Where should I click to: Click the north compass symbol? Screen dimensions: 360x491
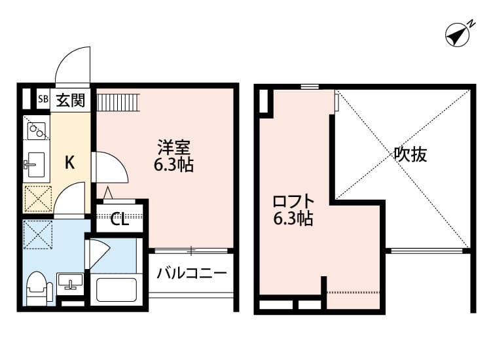(x=459, y=35)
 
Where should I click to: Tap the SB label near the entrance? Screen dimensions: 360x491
(x=43, y=99)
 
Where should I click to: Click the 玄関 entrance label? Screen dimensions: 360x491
(x=70, y=100)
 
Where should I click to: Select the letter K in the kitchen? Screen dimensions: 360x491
(x=69, y=163)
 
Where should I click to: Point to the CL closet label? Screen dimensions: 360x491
(x=119, y=219)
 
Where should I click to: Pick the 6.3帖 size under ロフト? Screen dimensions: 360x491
(x=293, y=219)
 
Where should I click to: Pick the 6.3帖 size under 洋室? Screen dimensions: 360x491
(x=173, y=164)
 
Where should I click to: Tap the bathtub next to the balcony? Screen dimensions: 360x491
(x=116, y=289)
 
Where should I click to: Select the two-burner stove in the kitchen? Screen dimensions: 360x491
(x=37, y=130)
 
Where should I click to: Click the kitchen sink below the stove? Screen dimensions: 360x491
(x=35, y=163)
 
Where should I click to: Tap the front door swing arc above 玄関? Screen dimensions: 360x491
(x=72, y=68)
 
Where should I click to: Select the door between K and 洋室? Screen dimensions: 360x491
(x=110, y=167)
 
